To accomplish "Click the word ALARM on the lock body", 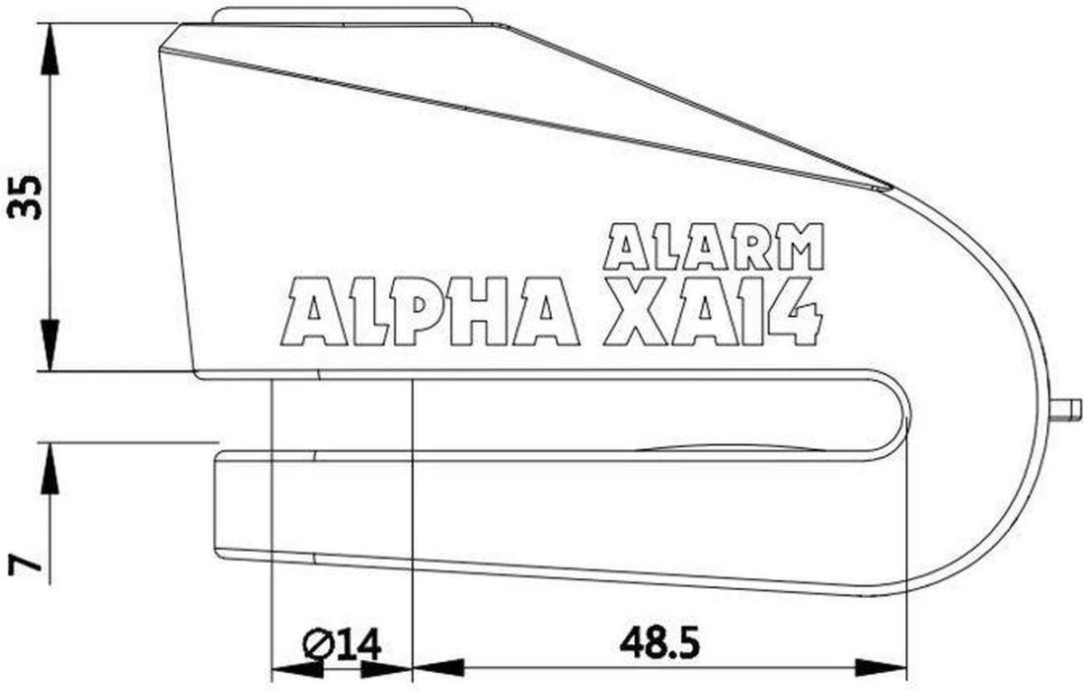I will (x=714, y=247).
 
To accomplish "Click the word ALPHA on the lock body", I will (x=431, y=312).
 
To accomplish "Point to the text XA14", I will (x=714, y=312).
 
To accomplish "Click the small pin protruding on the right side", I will (x=1068, y=408).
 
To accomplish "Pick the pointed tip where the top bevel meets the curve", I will (x=890, y=188).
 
